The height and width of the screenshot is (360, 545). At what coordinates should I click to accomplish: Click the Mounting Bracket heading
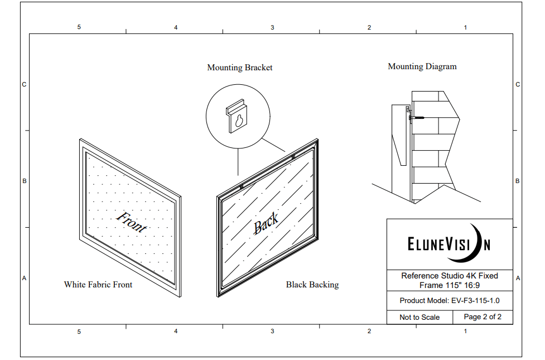click(x=240, y=68)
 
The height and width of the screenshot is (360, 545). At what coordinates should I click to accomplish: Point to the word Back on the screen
click(x=266, y=224)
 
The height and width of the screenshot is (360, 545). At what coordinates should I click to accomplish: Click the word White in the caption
click(x=75, y=285)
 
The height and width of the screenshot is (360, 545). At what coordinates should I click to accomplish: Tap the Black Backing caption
click(x=312, y=285)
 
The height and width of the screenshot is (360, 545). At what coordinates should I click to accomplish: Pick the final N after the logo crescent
click(x=487, y=245)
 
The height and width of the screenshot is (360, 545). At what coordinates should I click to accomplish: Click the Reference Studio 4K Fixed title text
click(x=450, y=276)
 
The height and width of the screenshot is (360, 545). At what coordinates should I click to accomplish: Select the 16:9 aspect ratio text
click(x=469, y=285)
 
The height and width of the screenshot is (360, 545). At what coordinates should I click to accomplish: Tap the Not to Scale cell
click(x=419, y=317)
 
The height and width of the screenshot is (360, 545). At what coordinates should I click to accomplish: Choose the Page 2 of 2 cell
click(x=483, y=316)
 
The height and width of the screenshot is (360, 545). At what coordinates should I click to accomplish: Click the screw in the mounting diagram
click(x=417, y=118)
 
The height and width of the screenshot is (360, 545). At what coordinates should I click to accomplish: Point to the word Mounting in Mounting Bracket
click(x=224, y=68)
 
